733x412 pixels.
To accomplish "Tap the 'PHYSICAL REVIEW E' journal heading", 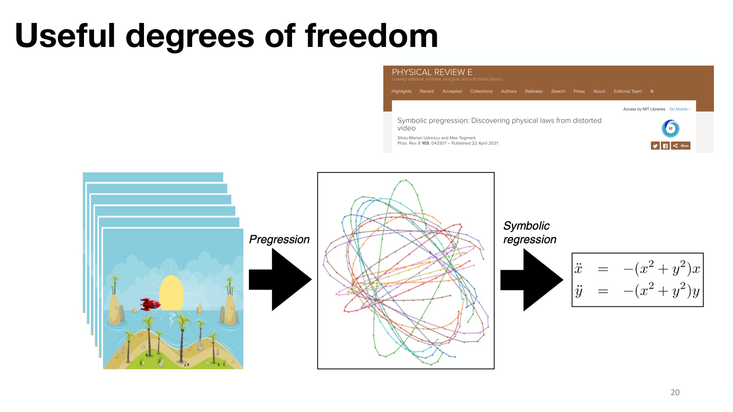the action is [x=432, y=72].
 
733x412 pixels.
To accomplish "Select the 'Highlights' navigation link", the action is [x=401, y=92].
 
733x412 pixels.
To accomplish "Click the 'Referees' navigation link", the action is [x=534, y=92].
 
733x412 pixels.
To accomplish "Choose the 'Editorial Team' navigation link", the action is [x=628, y=92].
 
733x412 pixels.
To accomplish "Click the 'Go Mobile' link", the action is [x=680, y=109].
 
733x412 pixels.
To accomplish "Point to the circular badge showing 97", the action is [x=670, y=129].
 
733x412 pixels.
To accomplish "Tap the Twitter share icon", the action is [x=655, y=146].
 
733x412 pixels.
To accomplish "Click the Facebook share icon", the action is [x=665, y=146].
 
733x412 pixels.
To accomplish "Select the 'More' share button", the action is [x=681, y=146].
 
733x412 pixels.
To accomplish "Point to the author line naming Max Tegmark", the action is [x=436, y=138].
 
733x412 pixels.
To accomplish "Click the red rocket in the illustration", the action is [x=150, y=304].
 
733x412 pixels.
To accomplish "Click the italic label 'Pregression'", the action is [x=279, y=240].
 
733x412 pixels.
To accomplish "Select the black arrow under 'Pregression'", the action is [x=280, y=280].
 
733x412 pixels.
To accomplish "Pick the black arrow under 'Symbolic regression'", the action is [x=532, y=280].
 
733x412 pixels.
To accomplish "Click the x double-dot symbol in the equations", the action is [x=578, y=268].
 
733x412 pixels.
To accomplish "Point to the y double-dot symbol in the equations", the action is [x=579, y=291].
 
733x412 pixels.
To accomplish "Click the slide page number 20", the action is [x=675, y=392].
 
